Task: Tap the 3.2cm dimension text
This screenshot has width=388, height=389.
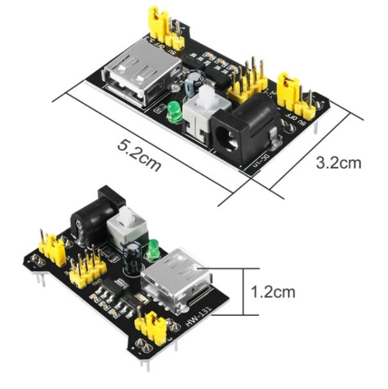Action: pos(339,162)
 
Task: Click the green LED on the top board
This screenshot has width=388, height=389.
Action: pos(174,112)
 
